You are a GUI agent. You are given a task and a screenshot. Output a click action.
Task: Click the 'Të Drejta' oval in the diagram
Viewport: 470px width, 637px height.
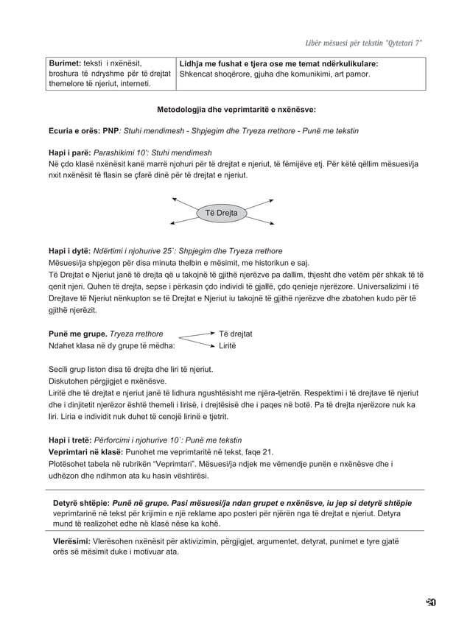pyautogui.click(x=221, y=214)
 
